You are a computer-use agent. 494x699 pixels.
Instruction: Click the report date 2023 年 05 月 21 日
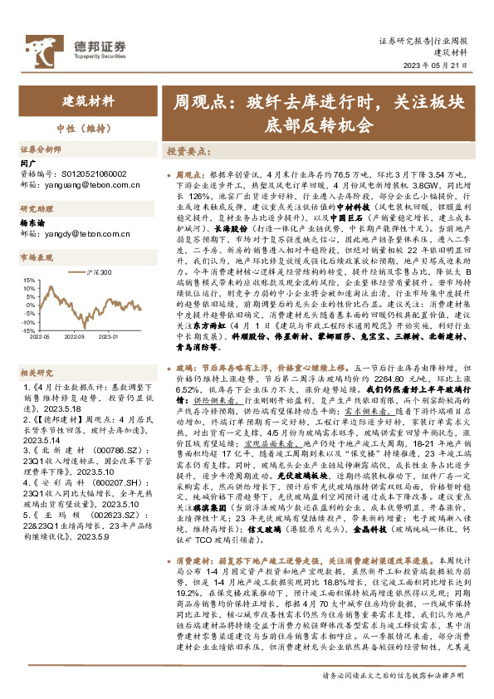440,66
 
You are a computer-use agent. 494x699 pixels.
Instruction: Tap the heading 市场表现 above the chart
37,258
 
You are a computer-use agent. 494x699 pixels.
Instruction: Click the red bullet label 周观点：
191,176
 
